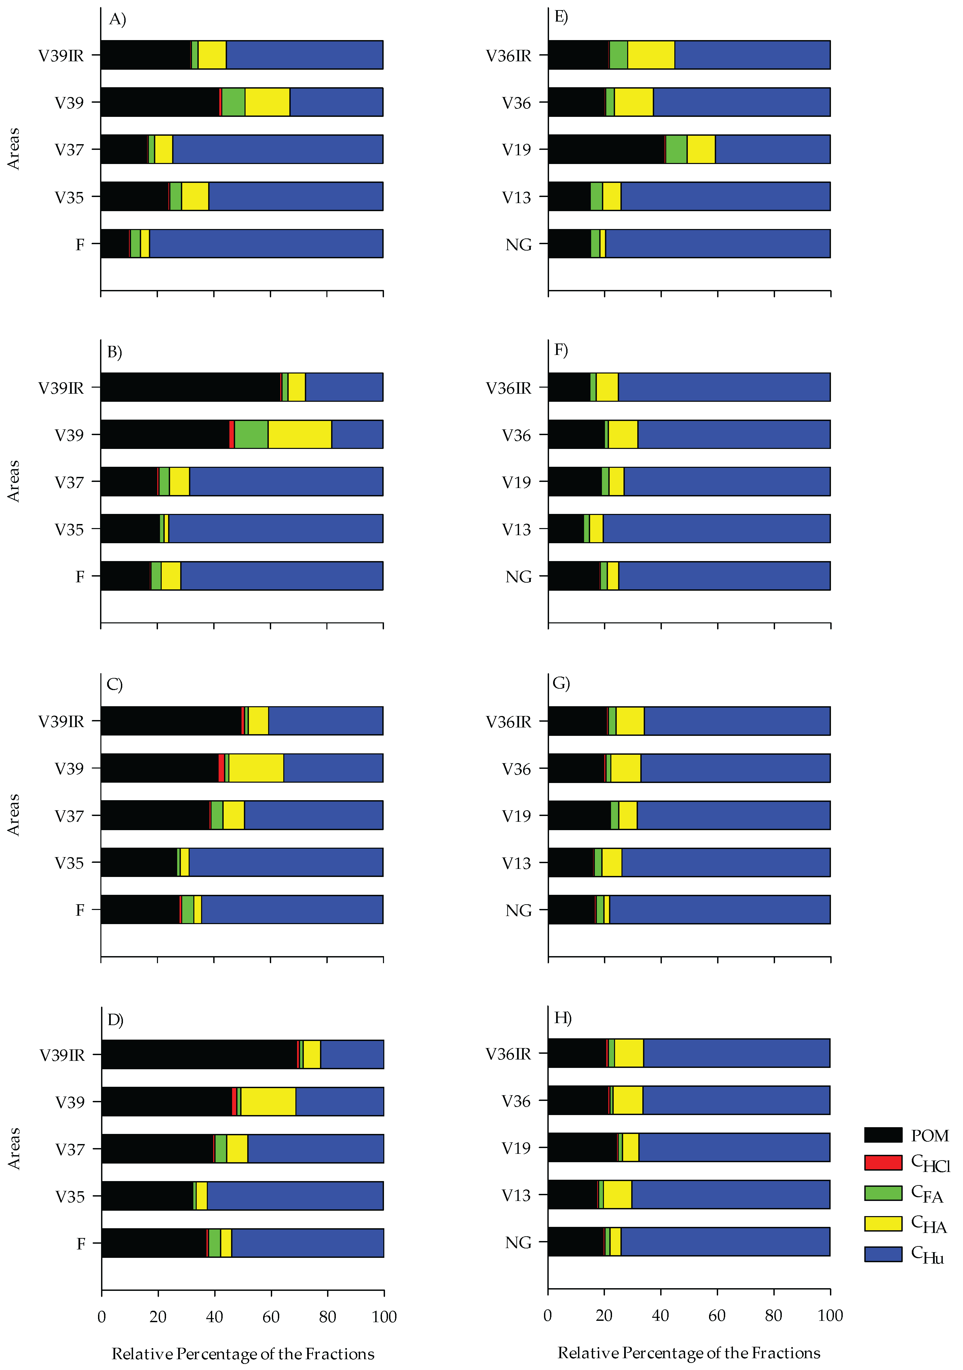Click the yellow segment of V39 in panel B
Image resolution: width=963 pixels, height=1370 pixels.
(299, 434)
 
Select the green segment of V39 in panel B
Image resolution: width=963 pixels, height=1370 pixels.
(251, 434)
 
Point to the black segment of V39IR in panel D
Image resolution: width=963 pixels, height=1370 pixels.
(199, 1054)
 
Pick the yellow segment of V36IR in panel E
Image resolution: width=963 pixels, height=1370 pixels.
(651, 55)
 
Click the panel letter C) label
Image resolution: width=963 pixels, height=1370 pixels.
(115, 684)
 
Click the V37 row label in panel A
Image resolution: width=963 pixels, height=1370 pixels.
(69, 149)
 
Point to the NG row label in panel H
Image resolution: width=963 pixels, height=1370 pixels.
(518, 1242)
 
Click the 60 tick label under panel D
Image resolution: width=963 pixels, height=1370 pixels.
(271, 1316)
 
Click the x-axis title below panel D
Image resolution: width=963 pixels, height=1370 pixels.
(243, 1353)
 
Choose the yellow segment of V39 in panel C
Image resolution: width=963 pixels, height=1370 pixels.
(256, 768)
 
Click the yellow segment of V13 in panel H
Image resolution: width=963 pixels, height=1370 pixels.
(617, 1195)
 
